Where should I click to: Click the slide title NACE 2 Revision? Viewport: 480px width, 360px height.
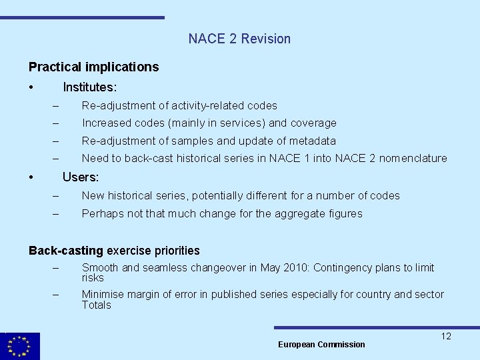click(x=239, y=39)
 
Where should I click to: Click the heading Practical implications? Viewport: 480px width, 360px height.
click(x=93, y=67)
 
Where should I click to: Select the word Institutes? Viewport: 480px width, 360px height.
click(x=89, y=87)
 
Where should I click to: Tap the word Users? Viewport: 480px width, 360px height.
click(x=80, y=177)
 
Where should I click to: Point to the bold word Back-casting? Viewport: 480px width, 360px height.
click(x=65, y=251)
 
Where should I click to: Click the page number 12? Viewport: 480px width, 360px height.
click(x=446, y=336)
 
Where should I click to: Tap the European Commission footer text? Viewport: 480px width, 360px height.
click(x=321, y=344)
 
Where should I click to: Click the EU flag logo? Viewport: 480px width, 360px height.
click(x=19, y=346)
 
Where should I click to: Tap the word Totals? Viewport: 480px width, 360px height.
click(x=96, y=305)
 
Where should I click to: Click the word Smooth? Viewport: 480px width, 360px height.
click(x=100, y=267)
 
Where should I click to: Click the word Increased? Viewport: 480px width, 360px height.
click(x=107, y=123)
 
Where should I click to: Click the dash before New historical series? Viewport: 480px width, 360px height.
click(x=56, y=196)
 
